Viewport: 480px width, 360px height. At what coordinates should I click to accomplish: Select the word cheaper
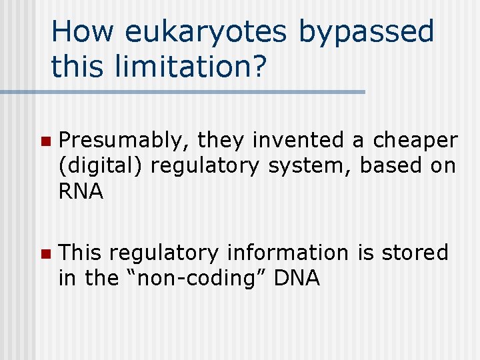[415, 141]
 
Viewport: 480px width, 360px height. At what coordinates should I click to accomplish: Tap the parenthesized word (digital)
[101, 166]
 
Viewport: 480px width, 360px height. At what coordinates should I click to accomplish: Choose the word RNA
[81, 192]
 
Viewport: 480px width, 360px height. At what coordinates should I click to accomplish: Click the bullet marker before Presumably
[45, 141]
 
